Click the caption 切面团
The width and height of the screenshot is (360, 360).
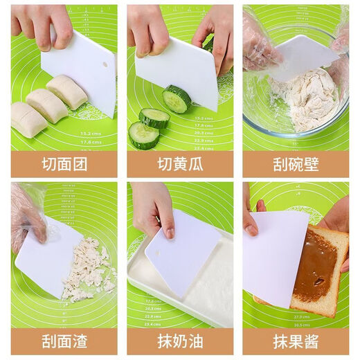tap(64, 164)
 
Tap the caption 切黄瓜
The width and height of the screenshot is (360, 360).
tap(179, 164)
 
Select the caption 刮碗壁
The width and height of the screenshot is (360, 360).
tap(296, 164)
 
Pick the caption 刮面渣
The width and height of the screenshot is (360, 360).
tap(64, 341)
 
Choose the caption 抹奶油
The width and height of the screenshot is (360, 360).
tap(179, 341)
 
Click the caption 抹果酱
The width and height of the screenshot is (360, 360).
tap(296, 341)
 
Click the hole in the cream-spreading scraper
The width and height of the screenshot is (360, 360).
tap(157, 252)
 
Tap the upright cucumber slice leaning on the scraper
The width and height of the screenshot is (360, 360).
tap(178, 99)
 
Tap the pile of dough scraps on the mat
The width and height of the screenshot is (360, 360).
tap(89, 270)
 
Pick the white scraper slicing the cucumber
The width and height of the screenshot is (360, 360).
tap(177, 69)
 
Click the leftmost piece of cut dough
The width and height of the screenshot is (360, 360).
tap(28, 119)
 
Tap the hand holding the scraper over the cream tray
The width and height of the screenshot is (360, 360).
tap(154, 208)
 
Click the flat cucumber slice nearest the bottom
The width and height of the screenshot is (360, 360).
tap(144, 135)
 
